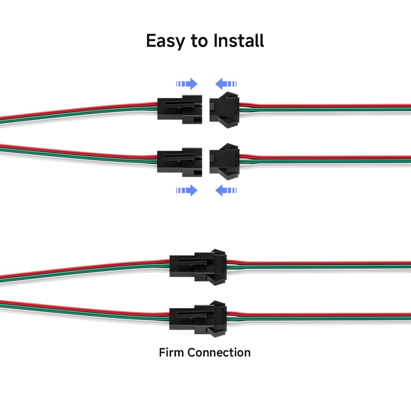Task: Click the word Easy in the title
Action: click(165, 41)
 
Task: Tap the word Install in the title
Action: click(239, 40)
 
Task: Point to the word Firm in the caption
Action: click(171, 352)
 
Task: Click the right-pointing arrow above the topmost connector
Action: click(187, 84)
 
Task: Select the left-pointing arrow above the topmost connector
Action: click(226, 84)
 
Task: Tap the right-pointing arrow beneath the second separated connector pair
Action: click(187, 191)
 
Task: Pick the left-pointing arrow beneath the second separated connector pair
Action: click(226, 191)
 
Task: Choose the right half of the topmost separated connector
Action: click(224, 108)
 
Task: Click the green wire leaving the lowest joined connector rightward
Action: click(318, 319)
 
